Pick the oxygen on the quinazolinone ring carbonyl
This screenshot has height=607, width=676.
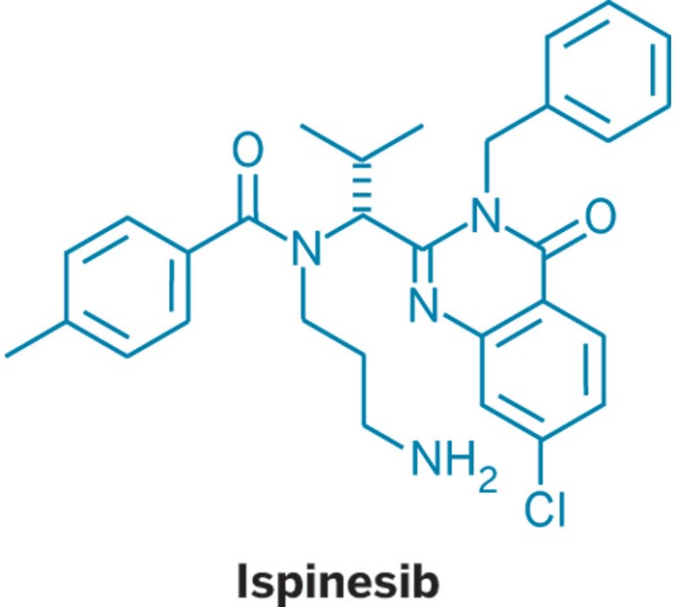[x=600, y=216]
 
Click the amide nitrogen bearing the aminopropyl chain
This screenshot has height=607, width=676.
[x=306, y=247]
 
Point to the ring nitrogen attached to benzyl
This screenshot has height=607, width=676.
[x=486, y=215]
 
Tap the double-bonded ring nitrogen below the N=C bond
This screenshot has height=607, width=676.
[x=424, y=305]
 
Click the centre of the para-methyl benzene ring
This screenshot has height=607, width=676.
[x=127, y=286]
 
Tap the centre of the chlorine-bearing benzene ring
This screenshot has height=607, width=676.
[x=543, y=370]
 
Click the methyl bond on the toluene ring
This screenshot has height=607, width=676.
[x=36, y=338]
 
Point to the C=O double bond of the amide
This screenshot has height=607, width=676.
[x=249, y=197]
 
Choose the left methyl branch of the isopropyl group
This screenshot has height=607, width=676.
[x=331, y=142]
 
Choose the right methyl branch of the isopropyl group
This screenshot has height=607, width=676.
[x=393, y=142]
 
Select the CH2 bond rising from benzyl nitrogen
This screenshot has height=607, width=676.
[x=487, y=166]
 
